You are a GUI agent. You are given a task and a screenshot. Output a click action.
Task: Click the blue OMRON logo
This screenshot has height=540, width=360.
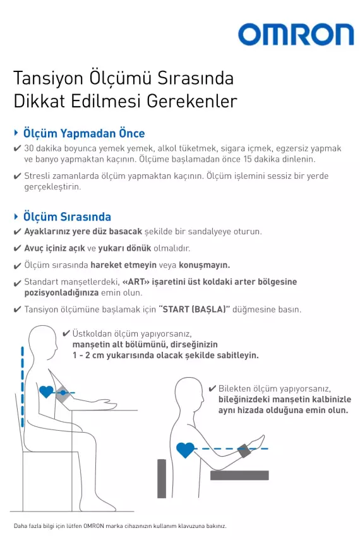[296, 35]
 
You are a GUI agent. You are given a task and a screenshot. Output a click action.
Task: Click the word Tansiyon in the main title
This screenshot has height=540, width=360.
[49, 79]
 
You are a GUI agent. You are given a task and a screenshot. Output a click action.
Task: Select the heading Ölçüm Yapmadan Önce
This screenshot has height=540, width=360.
[84, 133]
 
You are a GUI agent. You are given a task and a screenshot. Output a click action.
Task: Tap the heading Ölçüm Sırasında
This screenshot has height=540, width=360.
[67, 217]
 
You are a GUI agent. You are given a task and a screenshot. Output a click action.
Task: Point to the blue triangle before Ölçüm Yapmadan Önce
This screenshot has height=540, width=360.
[16, 133]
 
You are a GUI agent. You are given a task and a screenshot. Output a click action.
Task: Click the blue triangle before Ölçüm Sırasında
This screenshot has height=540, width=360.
[16, 216]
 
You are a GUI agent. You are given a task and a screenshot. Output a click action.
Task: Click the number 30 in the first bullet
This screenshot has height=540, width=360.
[28, 148]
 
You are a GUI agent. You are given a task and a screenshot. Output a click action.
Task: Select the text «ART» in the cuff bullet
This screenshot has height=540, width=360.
[136, 282]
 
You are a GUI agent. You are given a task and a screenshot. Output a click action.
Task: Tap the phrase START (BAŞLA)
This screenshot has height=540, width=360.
[195, 309]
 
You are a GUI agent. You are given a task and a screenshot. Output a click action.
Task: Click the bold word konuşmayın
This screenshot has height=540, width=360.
[204, 265]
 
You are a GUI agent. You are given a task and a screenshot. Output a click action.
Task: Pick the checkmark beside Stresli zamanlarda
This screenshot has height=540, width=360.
[17, 176]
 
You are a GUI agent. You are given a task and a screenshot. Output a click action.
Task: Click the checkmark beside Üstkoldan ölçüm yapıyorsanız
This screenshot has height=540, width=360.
[66, 333]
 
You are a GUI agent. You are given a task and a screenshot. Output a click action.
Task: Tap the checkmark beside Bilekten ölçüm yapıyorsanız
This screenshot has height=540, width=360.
[212, 388]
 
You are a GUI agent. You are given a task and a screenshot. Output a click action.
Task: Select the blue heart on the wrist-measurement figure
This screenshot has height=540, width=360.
[185, 450]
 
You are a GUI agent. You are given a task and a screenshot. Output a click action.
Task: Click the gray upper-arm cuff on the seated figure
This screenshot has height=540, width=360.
[63, 393]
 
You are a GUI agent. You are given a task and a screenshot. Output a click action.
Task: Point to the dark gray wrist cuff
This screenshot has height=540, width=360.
[244, 451]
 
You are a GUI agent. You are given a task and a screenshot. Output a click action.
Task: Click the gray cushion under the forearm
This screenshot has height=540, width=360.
[239, 475]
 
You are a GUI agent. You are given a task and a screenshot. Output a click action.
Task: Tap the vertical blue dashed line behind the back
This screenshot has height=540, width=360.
[22, 387]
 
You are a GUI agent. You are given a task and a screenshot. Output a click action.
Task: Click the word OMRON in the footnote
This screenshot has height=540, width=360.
[93, 526]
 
